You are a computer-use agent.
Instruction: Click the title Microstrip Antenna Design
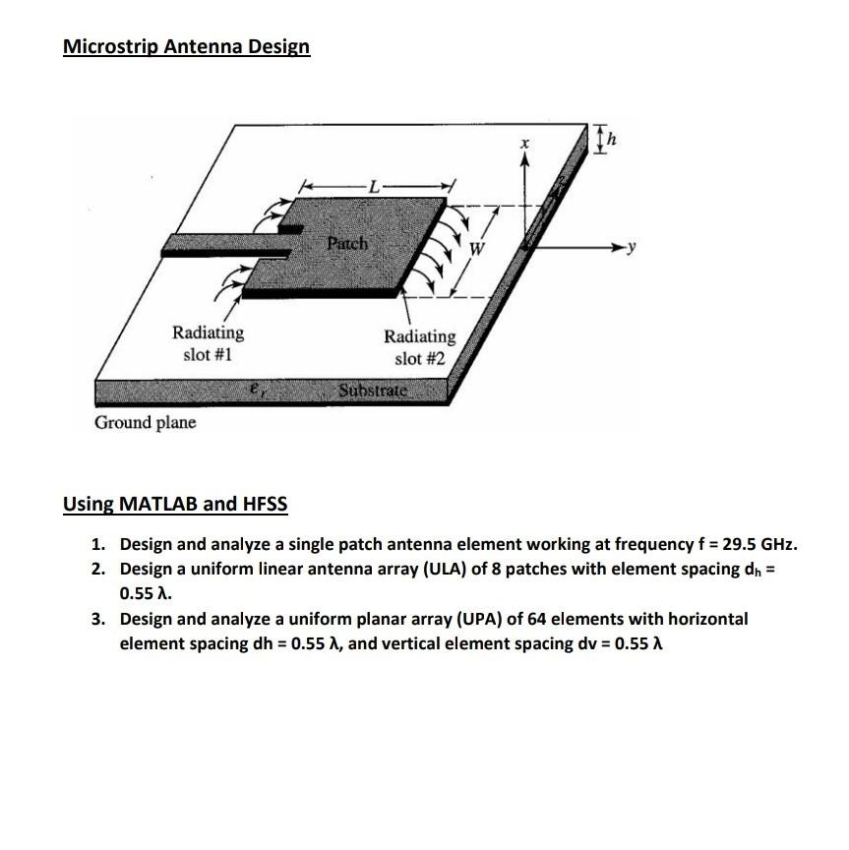[186, 46]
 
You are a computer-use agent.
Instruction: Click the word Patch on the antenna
[347, 242]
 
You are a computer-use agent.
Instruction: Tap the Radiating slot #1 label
[208, 343]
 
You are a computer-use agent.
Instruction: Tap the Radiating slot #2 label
[419, 347]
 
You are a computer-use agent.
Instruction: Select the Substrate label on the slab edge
[372, 391]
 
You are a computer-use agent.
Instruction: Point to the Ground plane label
[145, 422]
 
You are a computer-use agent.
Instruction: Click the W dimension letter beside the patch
[477, 249]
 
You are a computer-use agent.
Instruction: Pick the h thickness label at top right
[614, 141]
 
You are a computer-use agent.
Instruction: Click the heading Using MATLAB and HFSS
[175, 505]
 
